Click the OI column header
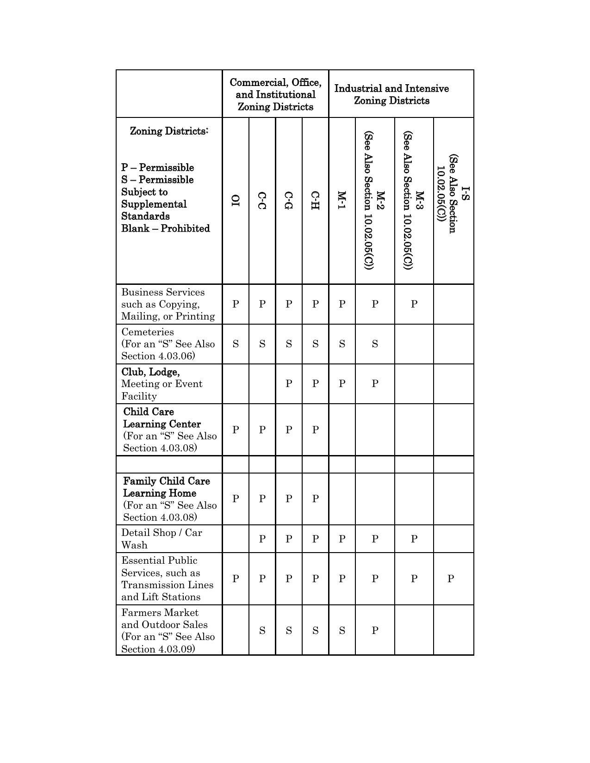point(236,200)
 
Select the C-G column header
point(288,200)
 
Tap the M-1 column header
point(342,200)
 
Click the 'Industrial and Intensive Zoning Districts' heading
point(391,94)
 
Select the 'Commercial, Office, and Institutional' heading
point(275,94)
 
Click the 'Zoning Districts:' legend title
point(169,131)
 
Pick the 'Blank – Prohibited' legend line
point(165,228)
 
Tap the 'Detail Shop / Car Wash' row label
point(161,539)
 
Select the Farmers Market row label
point(160,613)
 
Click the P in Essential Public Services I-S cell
point(450,578)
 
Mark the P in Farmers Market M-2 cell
point(375,630)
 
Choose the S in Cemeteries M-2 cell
point(375,344)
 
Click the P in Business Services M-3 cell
point(414,304)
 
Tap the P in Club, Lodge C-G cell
point(289,384)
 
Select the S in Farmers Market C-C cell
point(262,630)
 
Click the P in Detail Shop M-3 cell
point(414,539)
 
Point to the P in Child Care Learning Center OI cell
point(236,430)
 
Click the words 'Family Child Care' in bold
point(166,481)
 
